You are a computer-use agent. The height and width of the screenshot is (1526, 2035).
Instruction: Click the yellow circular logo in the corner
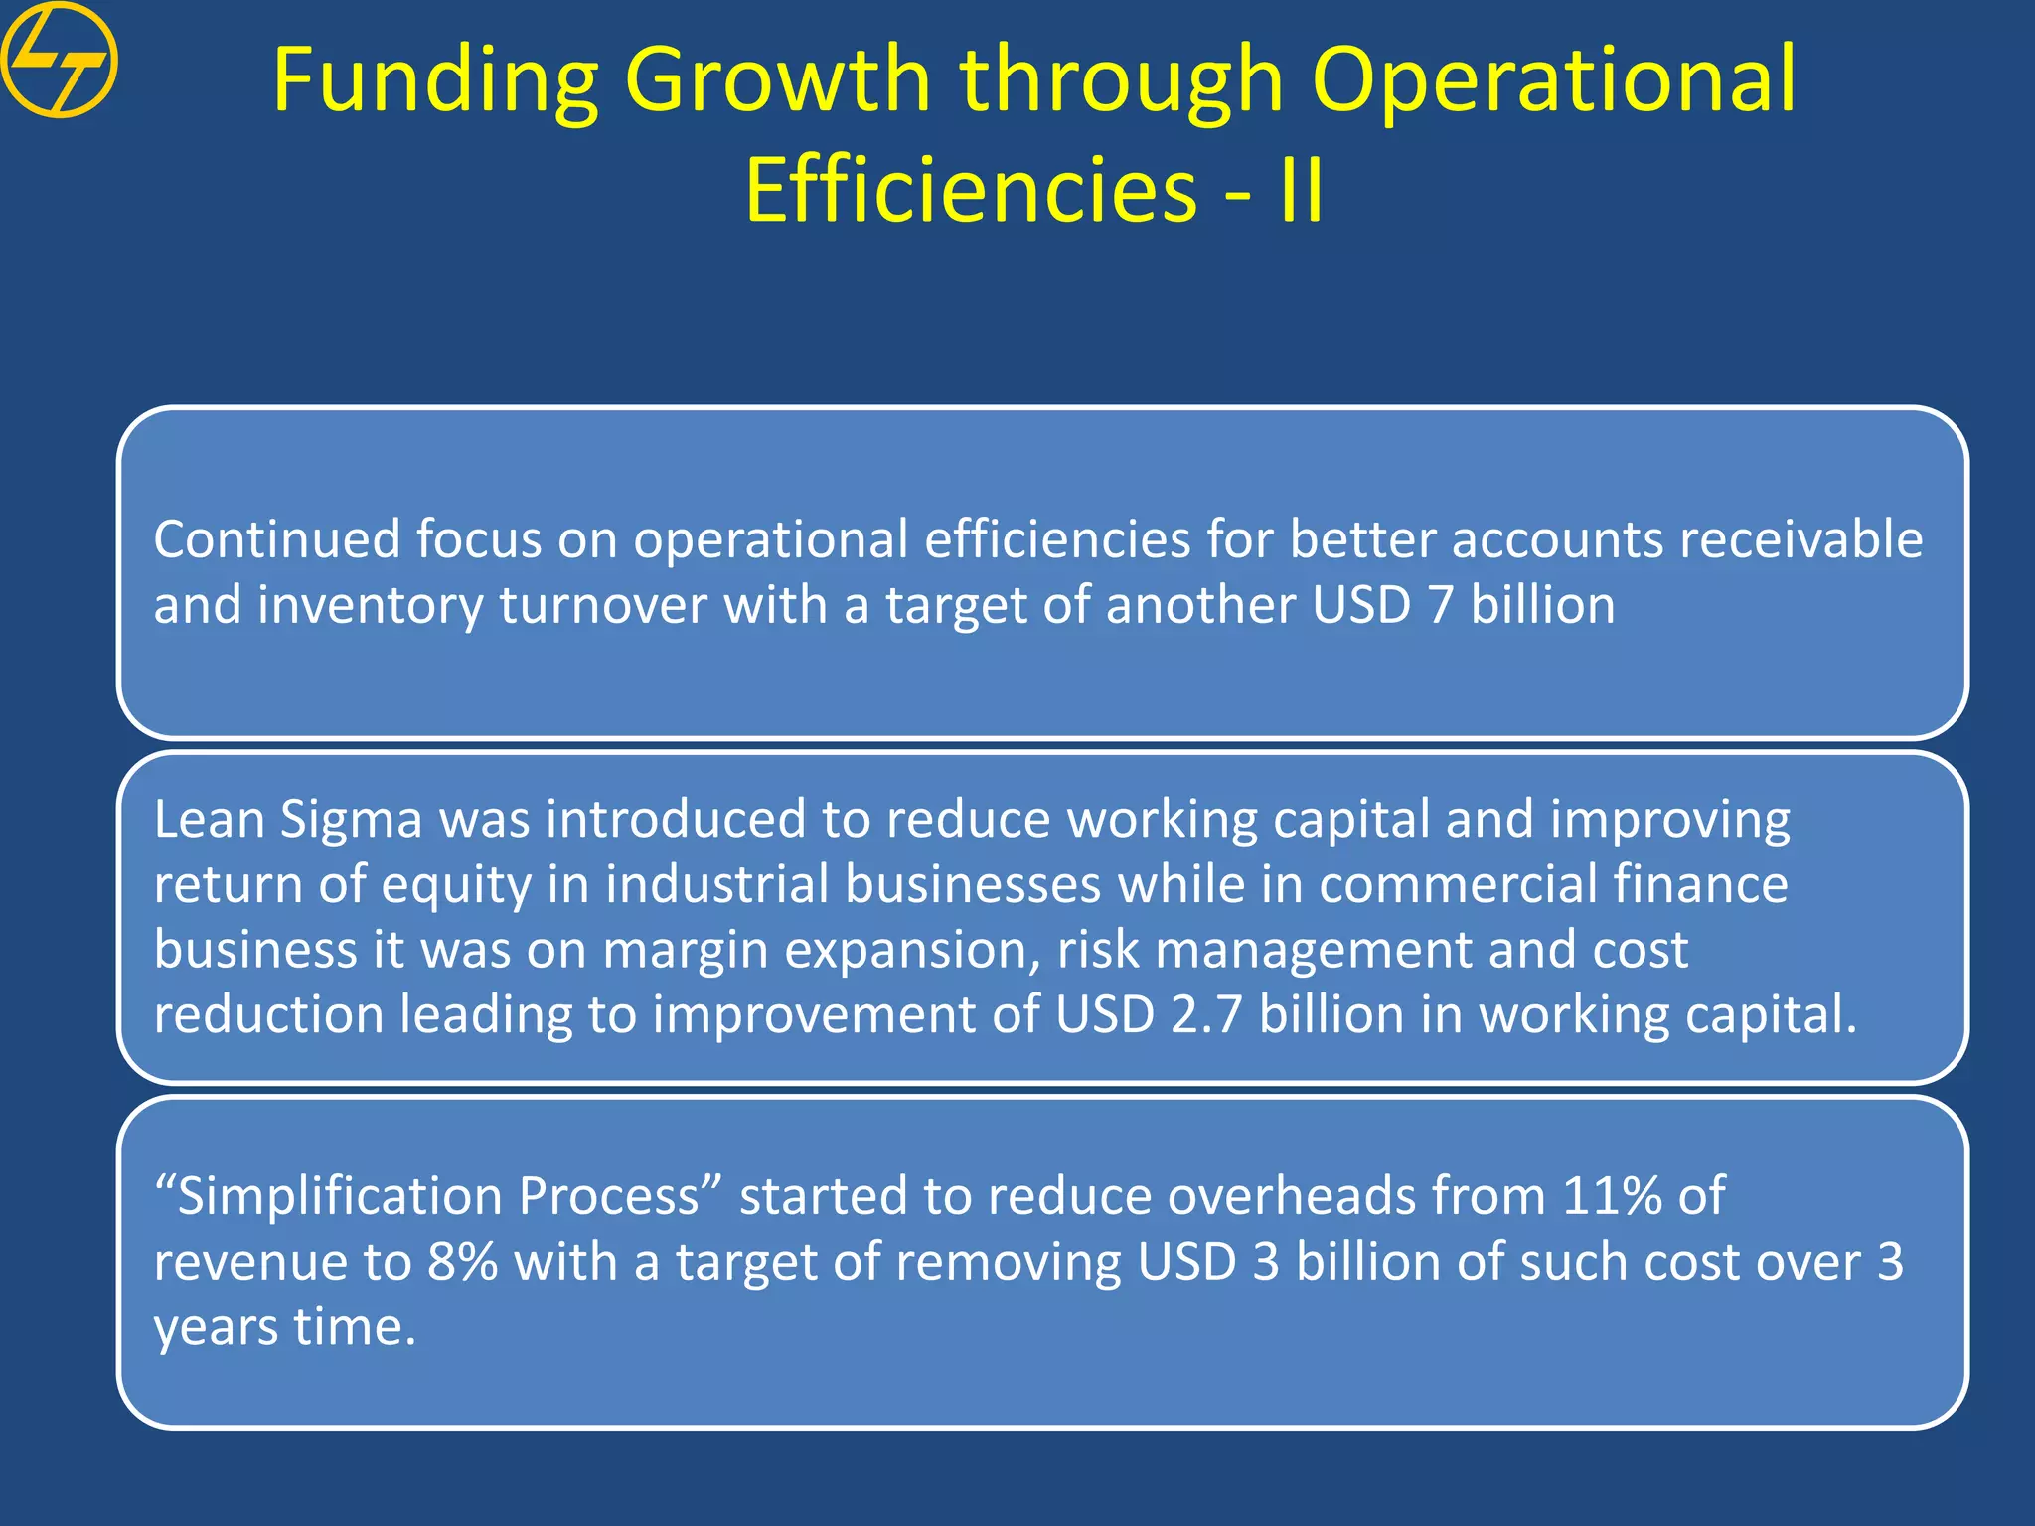[60, 60]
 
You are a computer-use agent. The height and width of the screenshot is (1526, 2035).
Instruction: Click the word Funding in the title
[434, 81]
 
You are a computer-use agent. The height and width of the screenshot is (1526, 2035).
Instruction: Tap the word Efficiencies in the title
[971, 191]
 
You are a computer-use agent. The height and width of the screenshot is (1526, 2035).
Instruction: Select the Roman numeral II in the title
[1301, 191]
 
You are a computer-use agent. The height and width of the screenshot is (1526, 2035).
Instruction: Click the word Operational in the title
[1553, 81]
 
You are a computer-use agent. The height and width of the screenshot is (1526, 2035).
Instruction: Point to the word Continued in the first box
[276, 540]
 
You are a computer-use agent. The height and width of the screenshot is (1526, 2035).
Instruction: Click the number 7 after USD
[1441, 606]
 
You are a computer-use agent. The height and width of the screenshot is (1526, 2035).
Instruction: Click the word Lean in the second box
[209, 821]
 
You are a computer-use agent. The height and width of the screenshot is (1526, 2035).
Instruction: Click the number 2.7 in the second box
[1206, 1015]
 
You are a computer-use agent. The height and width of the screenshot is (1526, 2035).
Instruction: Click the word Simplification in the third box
[339, 1197]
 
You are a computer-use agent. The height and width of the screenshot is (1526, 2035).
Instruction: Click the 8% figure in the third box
[462, 1262]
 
